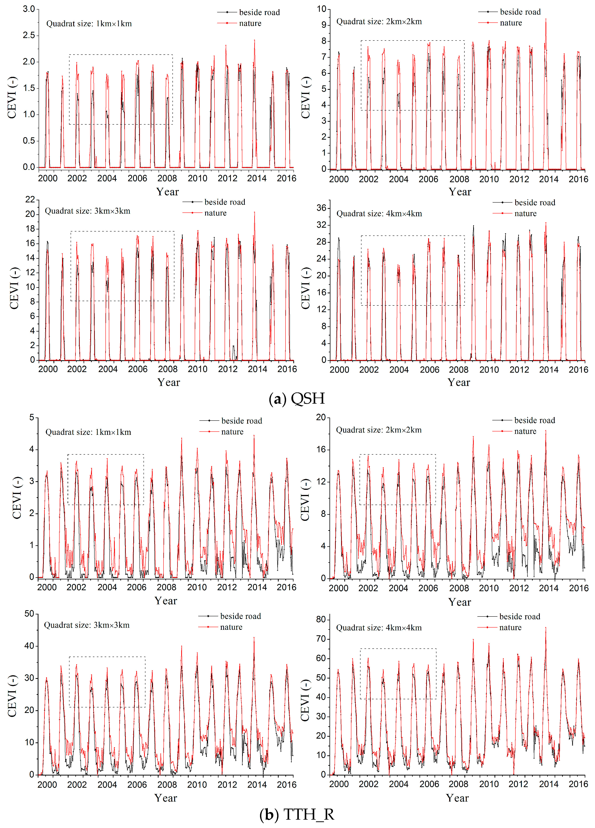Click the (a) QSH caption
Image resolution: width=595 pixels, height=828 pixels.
(x=297, y=398)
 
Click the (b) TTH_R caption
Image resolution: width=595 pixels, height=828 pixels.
(x=297, y=814)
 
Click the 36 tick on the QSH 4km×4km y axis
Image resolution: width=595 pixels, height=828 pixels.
(x=321, y=208)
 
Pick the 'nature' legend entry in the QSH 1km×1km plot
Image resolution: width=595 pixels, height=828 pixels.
(x=250, y=23)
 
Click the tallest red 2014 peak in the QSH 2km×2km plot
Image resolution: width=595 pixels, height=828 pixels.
(x=546, y=19)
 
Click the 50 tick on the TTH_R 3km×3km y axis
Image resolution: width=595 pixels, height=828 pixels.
(x=29, y=614)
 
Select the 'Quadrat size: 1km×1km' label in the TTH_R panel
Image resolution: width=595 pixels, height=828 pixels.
(x=88, y=432)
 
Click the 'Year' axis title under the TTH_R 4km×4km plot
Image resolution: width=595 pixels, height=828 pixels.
(x=457, y=798)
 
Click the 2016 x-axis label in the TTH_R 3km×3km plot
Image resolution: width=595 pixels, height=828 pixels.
(x=286, y=785)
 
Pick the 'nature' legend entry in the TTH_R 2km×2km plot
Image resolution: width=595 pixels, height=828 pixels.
(x=525, y=432)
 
